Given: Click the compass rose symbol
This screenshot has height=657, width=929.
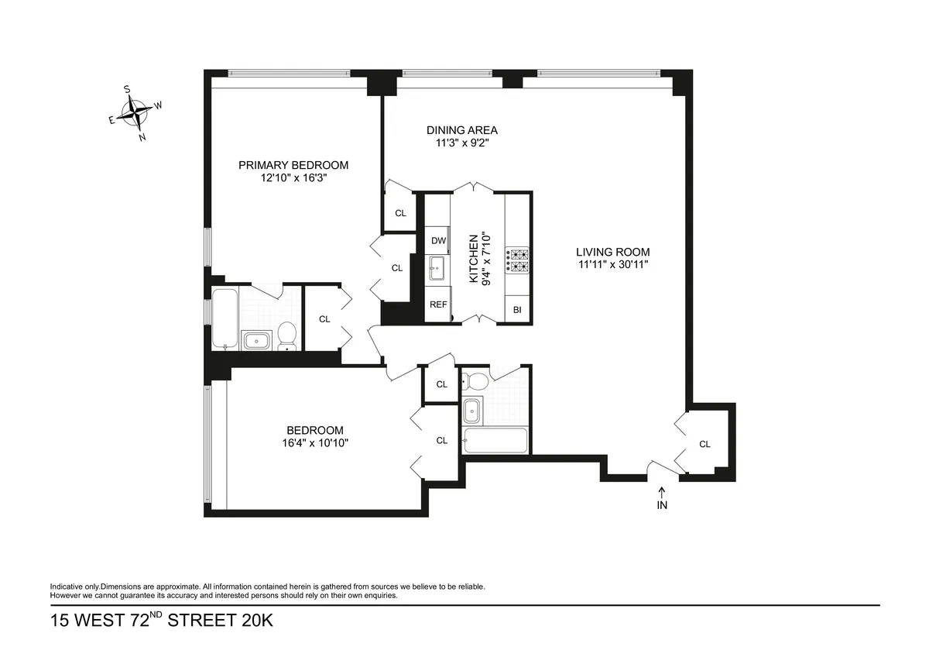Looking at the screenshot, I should coord(137,114).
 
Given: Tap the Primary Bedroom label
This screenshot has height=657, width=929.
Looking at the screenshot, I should coord(293,165).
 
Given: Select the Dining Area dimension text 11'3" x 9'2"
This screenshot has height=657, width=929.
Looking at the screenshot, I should coord(461,143).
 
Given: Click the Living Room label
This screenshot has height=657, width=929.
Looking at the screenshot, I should coord(612,252).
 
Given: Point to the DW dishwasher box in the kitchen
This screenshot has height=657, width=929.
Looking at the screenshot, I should coord(438,240).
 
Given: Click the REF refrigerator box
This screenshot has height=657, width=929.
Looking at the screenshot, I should coord(438,304).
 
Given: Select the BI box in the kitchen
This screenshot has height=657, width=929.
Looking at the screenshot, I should coord(517,310).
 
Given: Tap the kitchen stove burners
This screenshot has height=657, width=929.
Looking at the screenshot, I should coord(517,261).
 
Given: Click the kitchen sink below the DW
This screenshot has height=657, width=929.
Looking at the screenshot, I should coord(438,269).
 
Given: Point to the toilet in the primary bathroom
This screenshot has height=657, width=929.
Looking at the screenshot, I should coord(286,335).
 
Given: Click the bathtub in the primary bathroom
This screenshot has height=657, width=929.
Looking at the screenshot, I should coord(225,318).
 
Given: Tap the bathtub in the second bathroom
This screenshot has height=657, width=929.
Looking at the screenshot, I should coord(495,441).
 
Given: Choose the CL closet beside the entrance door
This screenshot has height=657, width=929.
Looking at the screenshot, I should coord(704,444).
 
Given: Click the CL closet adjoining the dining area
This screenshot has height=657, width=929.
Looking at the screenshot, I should coord(400,213).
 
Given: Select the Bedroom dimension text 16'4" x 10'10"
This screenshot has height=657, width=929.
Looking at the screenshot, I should coord(314,443).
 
